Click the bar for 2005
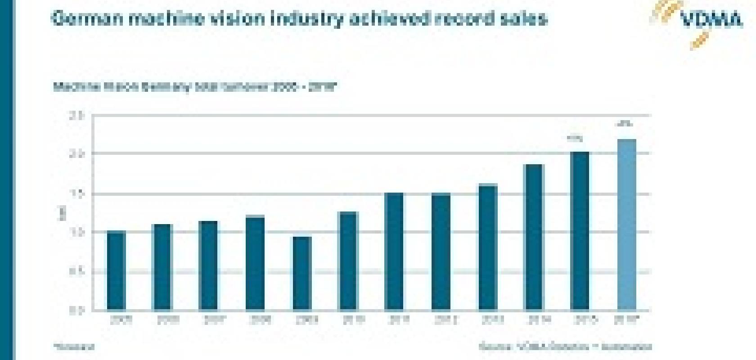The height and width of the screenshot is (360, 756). pos(117,270)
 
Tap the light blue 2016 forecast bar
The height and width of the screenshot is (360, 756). pos(627,225)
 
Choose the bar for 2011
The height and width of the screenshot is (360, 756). pos(394,252)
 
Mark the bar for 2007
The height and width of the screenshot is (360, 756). pos(208,265)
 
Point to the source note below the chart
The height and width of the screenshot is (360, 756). pos(565,347)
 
